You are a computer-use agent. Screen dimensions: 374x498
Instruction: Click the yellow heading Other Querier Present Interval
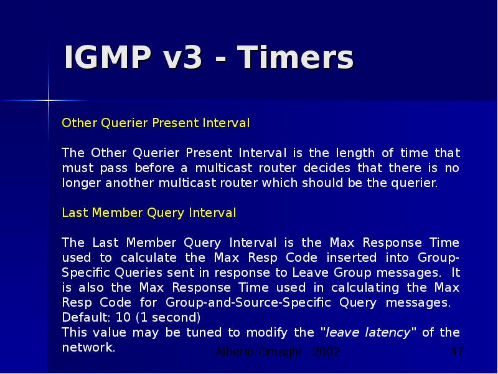[x=156, y=123]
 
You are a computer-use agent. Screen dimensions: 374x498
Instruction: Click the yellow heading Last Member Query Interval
[x=149, y=213]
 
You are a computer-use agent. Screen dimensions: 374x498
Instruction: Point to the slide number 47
[x=457, y=352]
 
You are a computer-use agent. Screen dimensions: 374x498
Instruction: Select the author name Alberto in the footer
[x=234, y=352]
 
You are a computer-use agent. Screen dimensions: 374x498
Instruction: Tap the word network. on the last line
[x=89, y=347]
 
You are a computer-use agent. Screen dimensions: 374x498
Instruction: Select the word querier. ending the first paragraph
[x=416, y=183]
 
